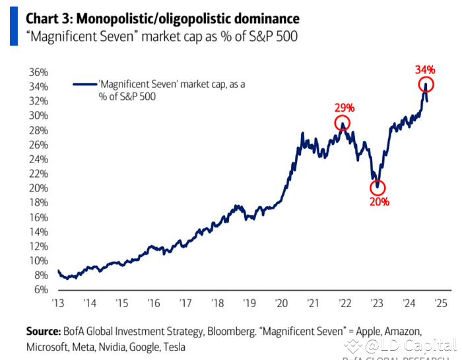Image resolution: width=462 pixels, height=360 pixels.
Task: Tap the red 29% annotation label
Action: tap(344, 107)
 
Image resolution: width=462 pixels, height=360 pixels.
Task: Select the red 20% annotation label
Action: tap(379, 201)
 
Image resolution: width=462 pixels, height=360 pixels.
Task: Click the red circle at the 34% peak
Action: tap(426, 85)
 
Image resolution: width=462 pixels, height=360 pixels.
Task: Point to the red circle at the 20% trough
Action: tap(378, 188)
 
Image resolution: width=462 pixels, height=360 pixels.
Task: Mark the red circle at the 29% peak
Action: tap(342, 123)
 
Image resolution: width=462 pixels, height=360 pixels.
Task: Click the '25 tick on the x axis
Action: tap(442, 304)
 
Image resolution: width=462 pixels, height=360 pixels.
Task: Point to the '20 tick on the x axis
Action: tap(280, 304)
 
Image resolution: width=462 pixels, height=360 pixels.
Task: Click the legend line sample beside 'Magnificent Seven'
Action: tap(84, 85)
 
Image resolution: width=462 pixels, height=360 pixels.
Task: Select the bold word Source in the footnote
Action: tap(44, 330)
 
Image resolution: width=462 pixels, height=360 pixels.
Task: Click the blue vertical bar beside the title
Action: tap(13, 24)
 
